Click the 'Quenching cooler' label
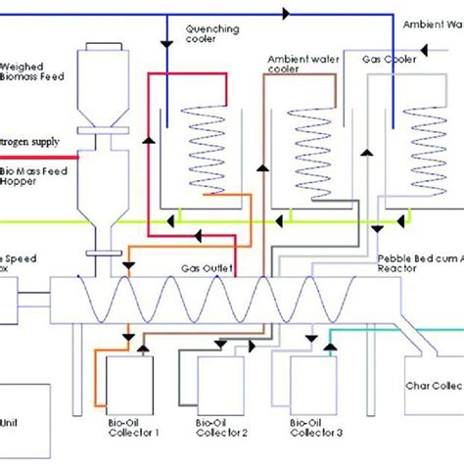(212, 35)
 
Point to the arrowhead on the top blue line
(288, 15)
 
